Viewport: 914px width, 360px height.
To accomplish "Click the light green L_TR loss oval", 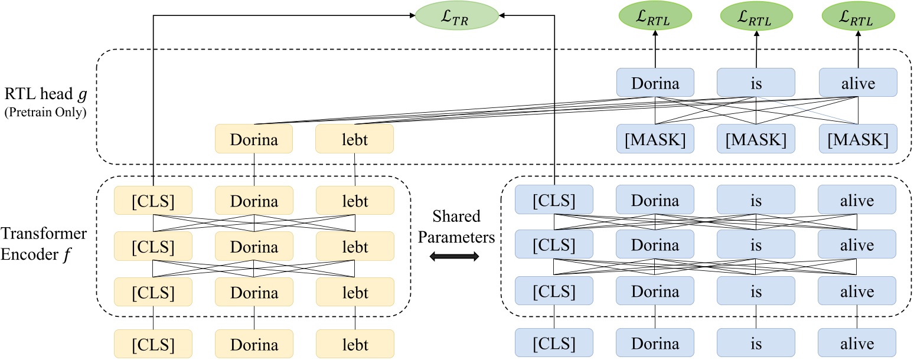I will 457,17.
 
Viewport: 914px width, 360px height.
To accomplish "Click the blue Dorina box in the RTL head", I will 655,83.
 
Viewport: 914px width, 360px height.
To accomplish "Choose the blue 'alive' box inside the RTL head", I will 858,83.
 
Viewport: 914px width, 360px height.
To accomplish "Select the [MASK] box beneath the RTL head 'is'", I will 756,140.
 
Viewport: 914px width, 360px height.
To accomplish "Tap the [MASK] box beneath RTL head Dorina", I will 655,140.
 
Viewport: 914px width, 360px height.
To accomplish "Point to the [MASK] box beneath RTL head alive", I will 858,140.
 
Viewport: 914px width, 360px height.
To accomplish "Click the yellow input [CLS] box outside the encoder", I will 154,345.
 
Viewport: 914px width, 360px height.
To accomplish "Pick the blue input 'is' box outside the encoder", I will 756,345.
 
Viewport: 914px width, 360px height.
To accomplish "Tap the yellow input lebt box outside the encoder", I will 354,345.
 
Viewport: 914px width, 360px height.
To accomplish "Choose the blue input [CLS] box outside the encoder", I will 554,345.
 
